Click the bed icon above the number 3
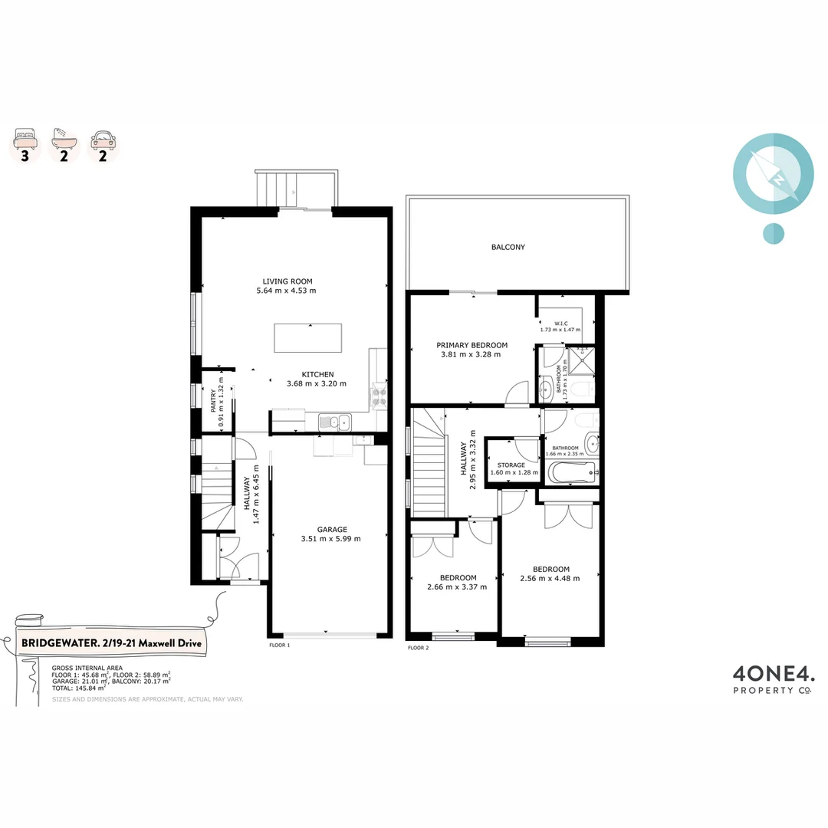click(25, 139)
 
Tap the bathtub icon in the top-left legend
click(64, 138)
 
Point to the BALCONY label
click(508, 247)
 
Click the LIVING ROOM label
click(287, 281)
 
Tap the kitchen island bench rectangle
click(308, 338)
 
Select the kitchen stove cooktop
click(379, 396)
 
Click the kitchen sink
click(335, 421)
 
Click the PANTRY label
click(213, 400)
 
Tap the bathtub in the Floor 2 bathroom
click(572, 472)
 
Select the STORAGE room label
click(511, 465)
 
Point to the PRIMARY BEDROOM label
click(472, 345)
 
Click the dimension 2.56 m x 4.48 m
click(550, 578)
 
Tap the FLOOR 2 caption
click(418, 648)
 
